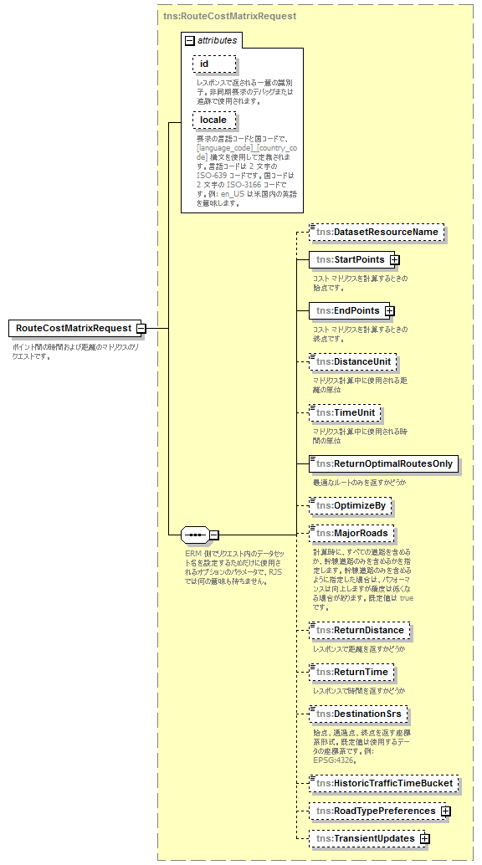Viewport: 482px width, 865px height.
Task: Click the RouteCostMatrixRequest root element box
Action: point(73,328)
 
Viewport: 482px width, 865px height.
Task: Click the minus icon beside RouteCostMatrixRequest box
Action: point(141,328)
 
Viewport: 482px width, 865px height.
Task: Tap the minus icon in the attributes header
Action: point(189,39)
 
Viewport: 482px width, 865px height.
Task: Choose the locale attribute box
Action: point(213,120)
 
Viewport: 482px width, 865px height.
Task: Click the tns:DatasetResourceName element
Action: point(376,231)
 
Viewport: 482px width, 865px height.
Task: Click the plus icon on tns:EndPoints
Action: point(389,310)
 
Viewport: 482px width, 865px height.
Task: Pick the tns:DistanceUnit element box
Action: point(351,361)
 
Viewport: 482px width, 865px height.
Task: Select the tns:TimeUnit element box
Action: point(345,412)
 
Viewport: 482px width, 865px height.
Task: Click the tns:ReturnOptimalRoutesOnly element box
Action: point(383,463)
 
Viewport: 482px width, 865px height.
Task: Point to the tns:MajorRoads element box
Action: point(351,533)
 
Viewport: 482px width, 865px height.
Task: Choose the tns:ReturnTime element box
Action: point(351,672)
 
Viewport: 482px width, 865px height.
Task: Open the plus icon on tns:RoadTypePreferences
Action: point(445,811)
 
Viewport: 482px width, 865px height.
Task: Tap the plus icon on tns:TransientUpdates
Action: point(425,838)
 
